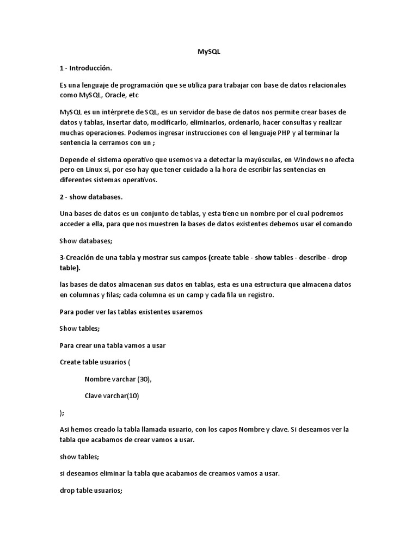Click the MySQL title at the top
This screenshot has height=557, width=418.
209,52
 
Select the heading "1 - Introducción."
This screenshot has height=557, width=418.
86,68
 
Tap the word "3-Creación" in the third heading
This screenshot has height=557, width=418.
79,257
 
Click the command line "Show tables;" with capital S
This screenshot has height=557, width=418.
79,329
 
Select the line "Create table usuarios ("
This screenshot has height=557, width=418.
95,362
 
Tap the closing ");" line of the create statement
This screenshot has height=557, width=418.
62,413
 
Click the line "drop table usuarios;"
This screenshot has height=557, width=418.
91,490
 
